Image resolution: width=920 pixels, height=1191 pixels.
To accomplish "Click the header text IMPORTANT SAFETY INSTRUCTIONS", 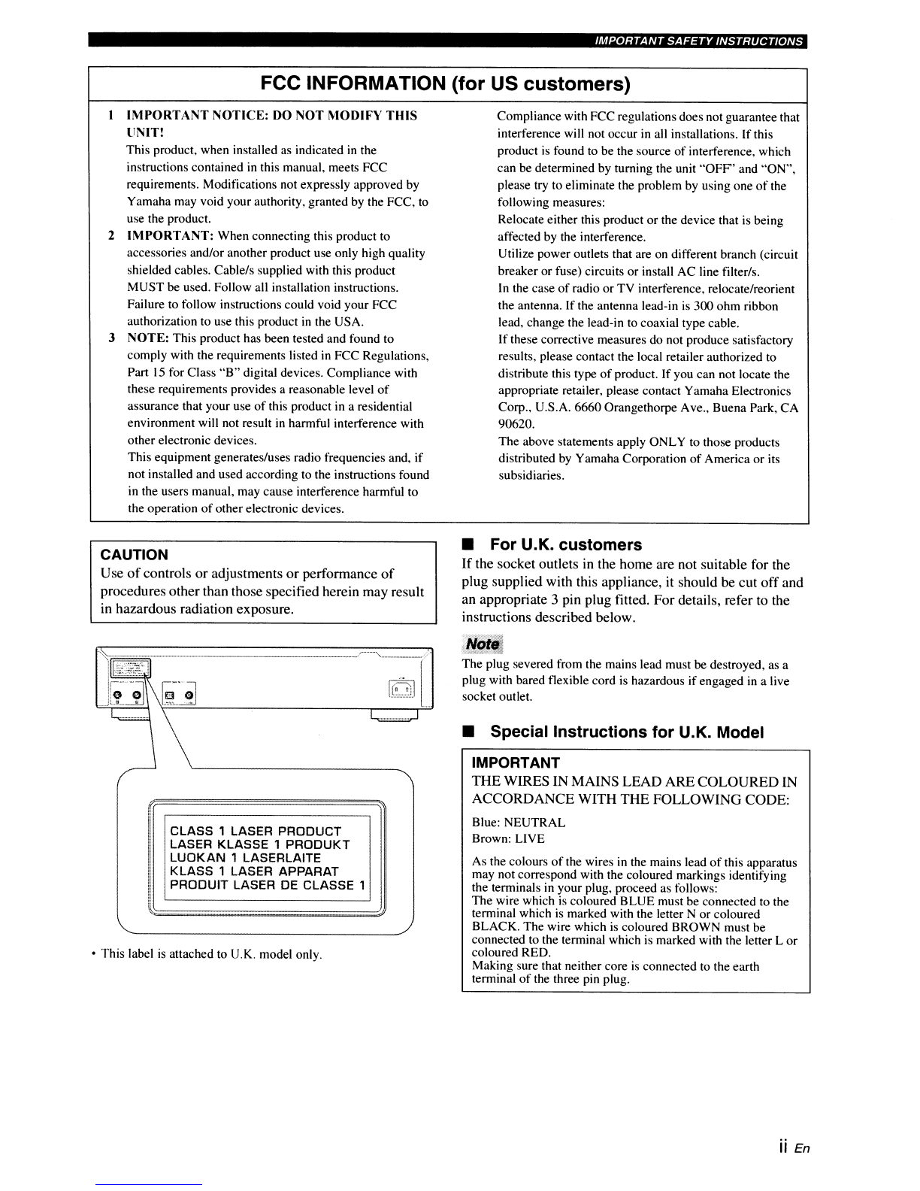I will (x=698, y=41).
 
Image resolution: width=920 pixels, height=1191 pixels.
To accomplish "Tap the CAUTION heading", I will (x=135, y=555).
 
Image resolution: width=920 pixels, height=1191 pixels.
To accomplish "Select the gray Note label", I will (x=483, y=644).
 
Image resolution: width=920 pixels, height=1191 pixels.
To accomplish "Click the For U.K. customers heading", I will (x=565, y=544).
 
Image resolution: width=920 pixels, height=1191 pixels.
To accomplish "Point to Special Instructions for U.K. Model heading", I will (x=627, y=732).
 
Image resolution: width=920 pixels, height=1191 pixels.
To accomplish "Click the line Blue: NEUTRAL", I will (x=519, y=823).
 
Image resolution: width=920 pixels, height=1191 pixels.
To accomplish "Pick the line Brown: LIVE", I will (x=508, y=838).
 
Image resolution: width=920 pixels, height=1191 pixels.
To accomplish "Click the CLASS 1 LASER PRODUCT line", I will (x=256, y=831).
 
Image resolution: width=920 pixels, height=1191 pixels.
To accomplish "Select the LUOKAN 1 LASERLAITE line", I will (x=245, y=858).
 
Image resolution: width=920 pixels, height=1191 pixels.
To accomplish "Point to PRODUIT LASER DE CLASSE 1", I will (x=268, y=885).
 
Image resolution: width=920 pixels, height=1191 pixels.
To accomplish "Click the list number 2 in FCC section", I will (x=111, y=236).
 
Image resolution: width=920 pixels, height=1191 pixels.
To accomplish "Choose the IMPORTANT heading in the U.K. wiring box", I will (x=516, y=763).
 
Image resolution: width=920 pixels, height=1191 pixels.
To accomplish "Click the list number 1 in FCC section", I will (x=111, y=116).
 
